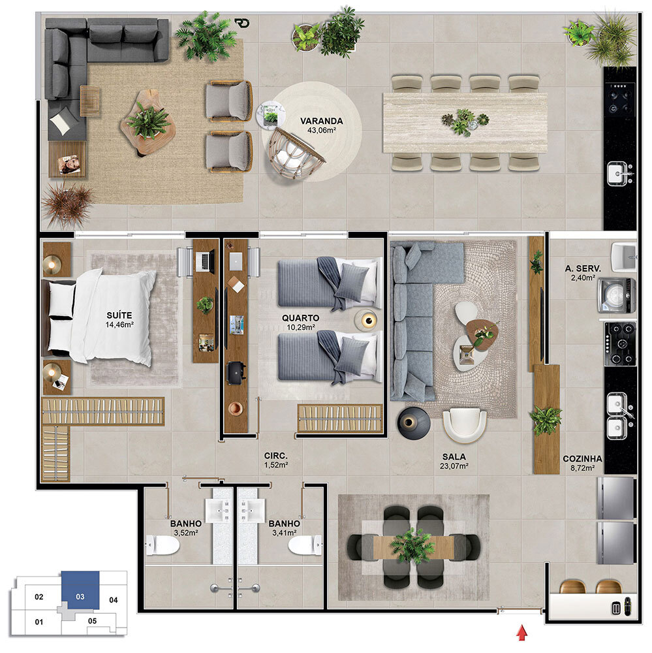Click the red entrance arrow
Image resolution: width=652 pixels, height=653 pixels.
521,631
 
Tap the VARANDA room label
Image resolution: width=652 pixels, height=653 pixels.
321,121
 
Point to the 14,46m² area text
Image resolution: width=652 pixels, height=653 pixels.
119,325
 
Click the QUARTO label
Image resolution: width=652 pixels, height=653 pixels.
300,318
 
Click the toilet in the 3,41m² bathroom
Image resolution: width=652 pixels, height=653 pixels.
305,545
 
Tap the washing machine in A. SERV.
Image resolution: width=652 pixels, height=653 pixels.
617,296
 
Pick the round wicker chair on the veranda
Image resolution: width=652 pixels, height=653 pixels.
295,152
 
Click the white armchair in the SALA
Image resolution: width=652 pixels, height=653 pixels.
464,424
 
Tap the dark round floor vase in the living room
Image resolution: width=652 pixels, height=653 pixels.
413,422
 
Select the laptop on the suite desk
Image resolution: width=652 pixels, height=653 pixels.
205,261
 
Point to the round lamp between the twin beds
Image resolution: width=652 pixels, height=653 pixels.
366,320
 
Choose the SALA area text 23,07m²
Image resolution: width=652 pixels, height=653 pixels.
454,466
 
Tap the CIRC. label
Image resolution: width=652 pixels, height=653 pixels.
275,456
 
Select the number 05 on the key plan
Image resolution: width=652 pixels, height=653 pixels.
93,621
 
